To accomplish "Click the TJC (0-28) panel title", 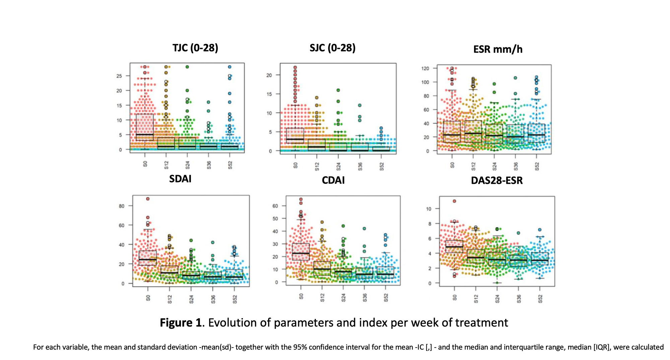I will click(x=195, y=48).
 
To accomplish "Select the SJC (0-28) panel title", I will click(x=332, y=48).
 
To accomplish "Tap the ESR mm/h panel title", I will click(x=498, y=50).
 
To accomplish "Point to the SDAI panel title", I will click(x=180, y=179).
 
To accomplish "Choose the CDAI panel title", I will click(x=333, y=180).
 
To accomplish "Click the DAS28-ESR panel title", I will click(x=497, y=181).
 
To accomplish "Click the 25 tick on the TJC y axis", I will click(x=119, y=76).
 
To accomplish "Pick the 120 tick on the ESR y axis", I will click(x=425, y=68).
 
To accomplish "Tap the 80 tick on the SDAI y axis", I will click(x=122, y=206).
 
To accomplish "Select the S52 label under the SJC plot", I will click(x=382, y=166).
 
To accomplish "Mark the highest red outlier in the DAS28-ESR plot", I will click(x=455, y=201).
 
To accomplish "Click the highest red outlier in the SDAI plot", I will click(x=148, y=199).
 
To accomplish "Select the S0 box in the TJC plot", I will click(x=145, y=127).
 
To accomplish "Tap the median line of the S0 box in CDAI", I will click(x=301, y=253).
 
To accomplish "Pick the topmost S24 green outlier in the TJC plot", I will click(x=187, y=67).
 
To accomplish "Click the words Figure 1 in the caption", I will click(x=181, y=323).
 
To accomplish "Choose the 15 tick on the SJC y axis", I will click(x=269, y=94).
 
